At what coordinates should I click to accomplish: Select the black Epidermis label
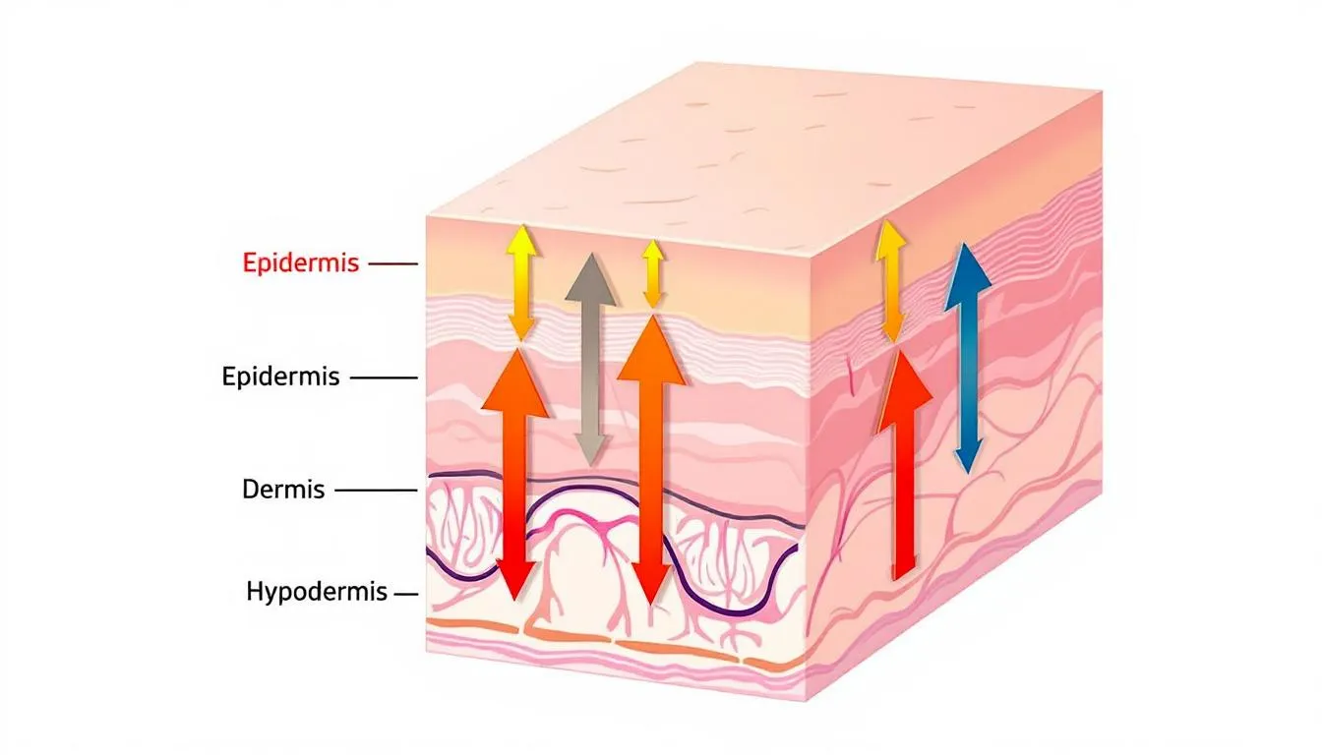point(281,377)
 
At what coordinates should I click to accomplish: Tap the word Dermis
point(283,489)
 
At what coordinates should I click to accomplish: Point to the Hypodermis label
point(318,593)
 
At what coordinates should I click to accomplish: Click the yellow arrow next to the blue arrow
point(891,281)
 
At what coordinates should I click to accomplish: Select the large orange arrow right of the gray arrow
point(648,462)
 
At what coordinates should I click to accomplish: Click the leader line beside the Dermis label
point(376,489)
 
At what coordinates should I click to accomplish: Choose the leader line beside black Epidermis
point(384,377)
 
